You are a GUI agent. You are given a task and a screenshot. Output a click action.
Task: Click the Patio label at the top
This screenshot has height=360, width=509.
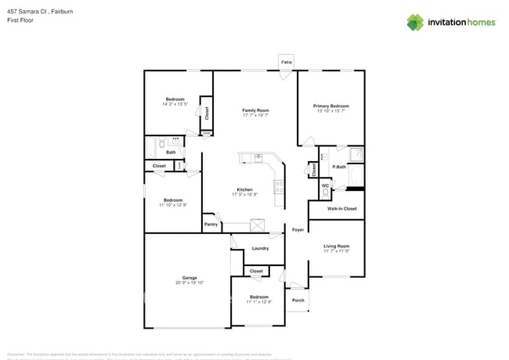tap(287, 60)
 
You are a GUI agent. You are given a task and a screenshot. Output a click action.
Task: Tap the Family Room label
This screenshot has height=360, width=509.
tap(255, 110)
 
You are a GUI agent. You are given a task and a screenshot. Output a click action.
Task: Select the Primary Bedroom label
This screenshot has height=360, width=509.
tap(331, 106)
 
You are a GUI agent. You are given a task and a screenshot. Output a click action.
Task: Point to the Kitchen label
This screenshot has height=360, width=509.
tap(245, 189)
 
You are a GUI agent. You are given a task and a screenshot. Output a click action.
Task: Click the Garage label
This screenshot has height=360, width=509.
tap(190, 277)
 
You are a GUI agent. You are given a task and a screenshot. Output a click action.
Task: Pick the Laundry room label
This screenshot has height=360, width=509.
tap(261, 248)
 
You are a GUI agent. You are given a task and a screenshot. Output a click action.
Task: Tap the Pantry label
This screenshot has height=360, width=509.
tap(211, 225)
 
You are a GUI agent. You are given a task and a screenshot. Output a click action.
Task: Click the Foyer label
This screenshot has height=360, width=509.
tap(298, 230)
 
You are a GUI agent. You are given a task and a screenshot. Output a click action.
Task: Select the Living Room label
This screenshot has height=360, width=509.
tap(337, 246)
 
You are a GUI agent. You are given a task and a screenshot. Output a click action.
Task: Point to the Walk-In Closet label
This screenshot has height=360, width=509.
tap(341, 209)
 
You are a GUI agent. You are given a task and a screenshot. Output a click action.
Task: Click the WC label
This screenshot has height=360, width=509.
tap(324, 185)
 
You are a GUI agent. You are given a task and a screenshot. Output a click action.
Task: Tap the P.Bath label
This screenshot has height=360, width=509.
tap(339, 167)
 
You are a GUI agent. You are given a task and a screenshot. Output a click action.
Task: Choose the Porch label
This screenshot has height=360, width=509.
tap(298, 300)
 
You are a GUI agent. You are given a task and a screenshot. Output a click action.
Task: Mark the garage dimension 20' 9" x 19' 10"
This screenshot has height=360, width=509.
tap(190, 283)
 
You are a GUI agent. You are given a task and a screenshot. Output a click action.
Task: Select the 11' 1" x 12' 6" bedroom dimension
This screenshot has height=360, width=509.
tap(259, 302)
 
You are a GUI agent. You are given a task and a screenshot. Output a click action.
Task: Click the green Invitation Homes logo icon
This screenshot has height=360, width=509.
tap(415, 22)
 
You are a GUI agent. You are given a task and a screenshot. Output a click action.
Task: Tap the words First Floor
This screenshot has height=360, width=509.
tap(20, 20)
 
